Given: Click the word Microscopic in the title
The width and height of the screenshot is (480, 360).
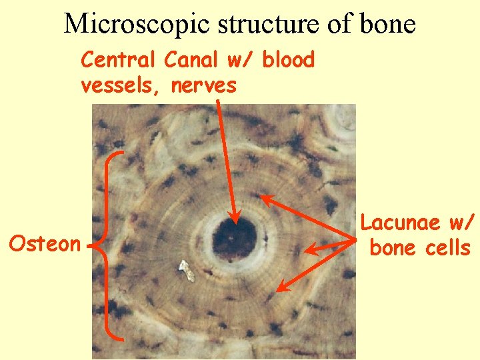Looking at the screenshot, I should pos(137,24).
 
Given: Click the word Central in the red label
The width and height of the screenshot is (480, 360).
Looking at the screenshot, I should pos(119,61).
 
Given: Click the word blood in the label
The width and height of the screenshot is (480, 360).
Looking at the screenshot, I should pos(288,61).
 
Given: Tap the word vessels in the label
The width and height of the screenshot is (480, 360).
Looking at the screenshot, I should pos(121,85).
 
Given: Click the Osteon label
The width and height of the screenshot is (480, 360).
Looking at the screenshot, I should pos(44,243).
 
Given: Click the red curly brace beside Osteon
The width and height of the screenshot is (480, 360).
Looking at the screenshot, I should pos(107,243).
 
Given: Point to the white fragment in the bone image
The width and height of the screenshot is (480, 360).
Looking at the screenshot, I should pos(183,270).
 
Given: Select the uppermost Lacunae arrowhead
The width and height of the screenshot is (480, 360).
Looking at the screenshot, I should pos(263,197).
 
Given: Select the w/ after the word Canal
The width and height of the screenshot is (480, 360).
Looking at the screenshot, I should pos(237,61).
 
